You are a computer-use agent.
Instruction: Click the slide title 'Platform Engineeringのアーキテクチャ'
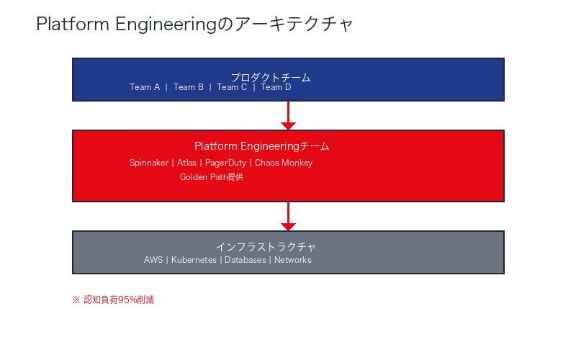(194, 24)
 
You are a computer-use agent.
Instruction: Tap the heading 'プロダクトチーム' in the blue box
(270, 77)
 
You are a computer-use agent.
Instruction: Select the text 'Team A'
(145, 87)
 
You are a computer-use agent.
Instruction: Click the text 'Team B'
(189, 87)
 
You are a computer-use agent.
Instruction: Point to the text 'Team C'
(232, 87)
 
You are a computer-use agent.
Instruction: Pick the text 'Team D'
(276, 87)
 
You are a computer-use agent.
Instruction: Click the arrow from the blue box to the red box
(288, 115)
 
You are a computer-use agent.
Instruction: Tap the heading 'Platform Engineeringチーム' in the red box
(261, 146)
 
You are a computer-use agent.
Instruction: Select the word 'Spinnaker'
(148, 163)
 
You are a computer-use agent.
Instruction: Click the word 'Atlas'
(186, 163)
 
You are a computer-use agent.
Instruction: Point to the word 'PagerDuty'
(225, 163)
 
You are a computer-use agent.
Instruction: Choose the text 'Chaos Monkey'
(284, 163)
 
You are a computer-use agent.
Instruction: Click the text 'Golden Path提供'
(212, 177)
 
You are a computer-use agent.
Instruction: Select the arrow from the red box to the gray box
(288, 216)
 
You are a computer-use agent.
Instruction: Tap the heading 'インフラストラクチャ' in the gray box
(266, 247)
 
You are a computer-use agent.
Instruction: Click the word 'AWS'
(153, 260)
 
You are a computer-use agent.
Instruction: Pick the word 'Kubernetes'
(194, 260)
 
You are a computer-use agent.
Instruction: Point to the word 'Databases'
(245, 260)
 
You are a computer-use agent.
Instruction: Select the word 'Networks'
(293, 260)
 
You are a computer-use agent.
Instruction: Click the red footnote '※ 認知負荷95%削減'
(113, 300)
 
